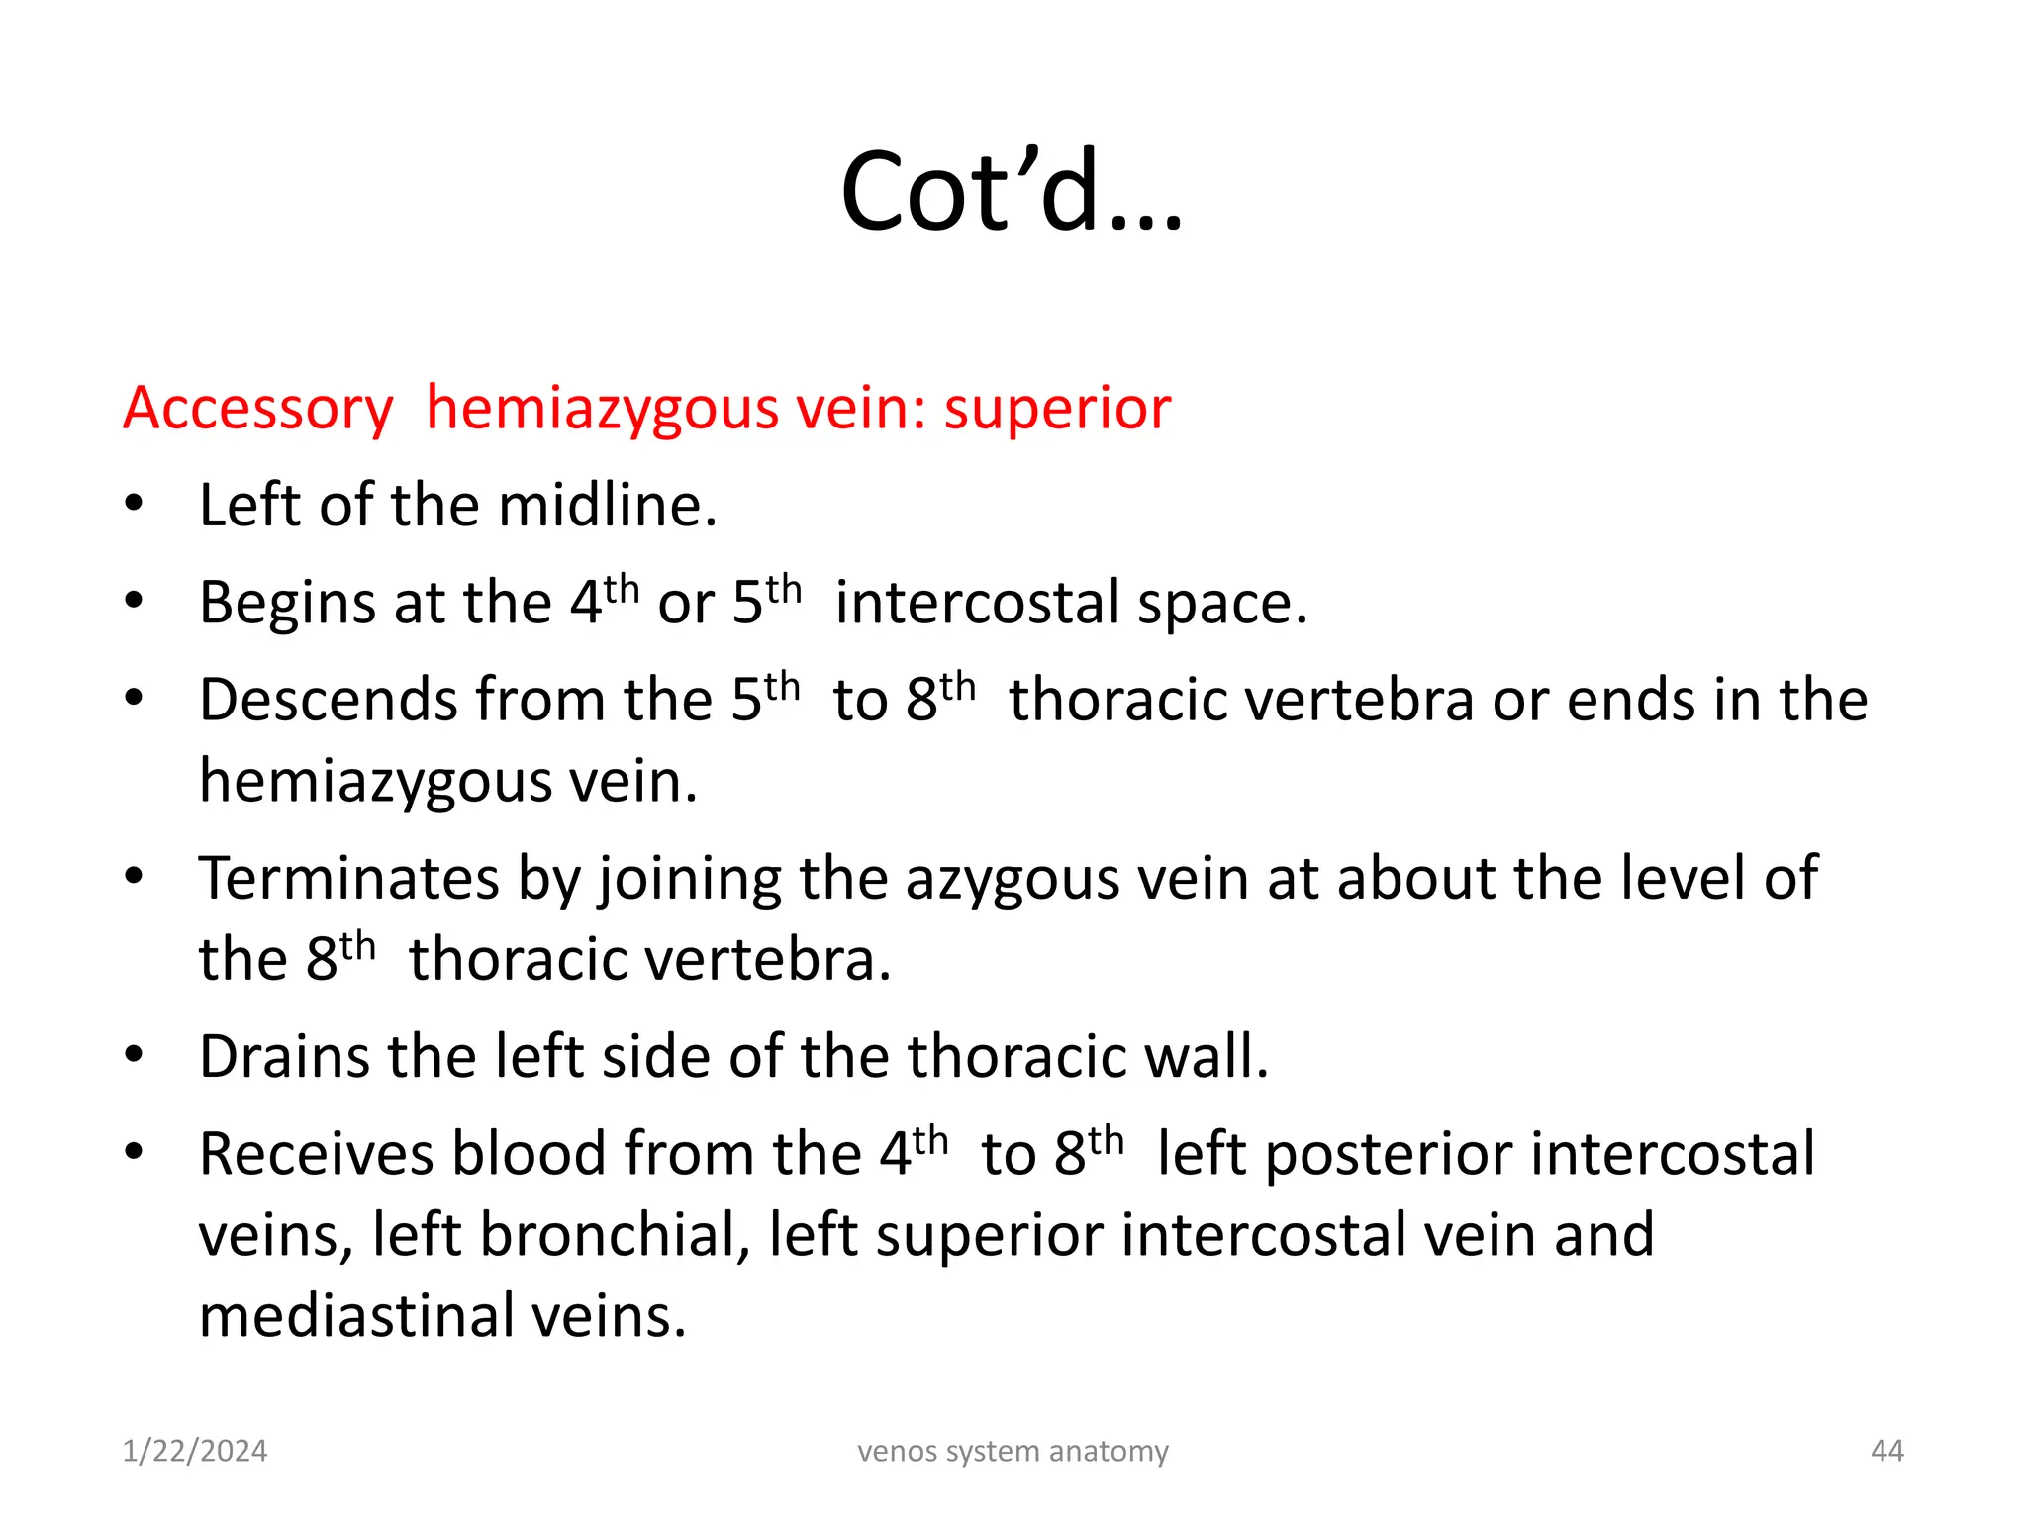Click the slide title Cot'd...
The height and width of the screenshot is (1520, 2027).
(x=1011, y=192)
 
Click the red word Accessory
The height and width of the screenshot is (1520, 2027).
(x=258, y=409)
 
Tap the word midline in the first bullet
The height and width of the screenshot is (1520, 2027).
(x=607, y=506)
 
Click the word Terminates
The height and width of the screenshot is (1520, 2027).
(x=348, y=878)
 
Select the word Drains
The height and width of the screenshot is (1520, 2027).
(x=283, y=1056)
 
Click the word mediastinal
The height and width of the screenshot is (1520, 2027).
(x=356, y=1316)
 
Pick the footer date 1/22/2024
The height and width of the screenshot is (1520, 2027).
(x=195, y=1451)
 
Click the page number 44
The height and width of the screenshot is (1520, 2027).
(x=1886, y=1451)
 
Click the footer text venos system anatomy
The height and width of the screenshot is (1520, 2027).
(x=1013, y=1451)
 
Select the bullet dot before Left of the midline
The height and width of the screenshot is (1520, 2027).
(x=135, y=504)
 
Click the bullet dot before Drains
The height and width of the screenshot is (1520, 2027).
(x=135, y=1055)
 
